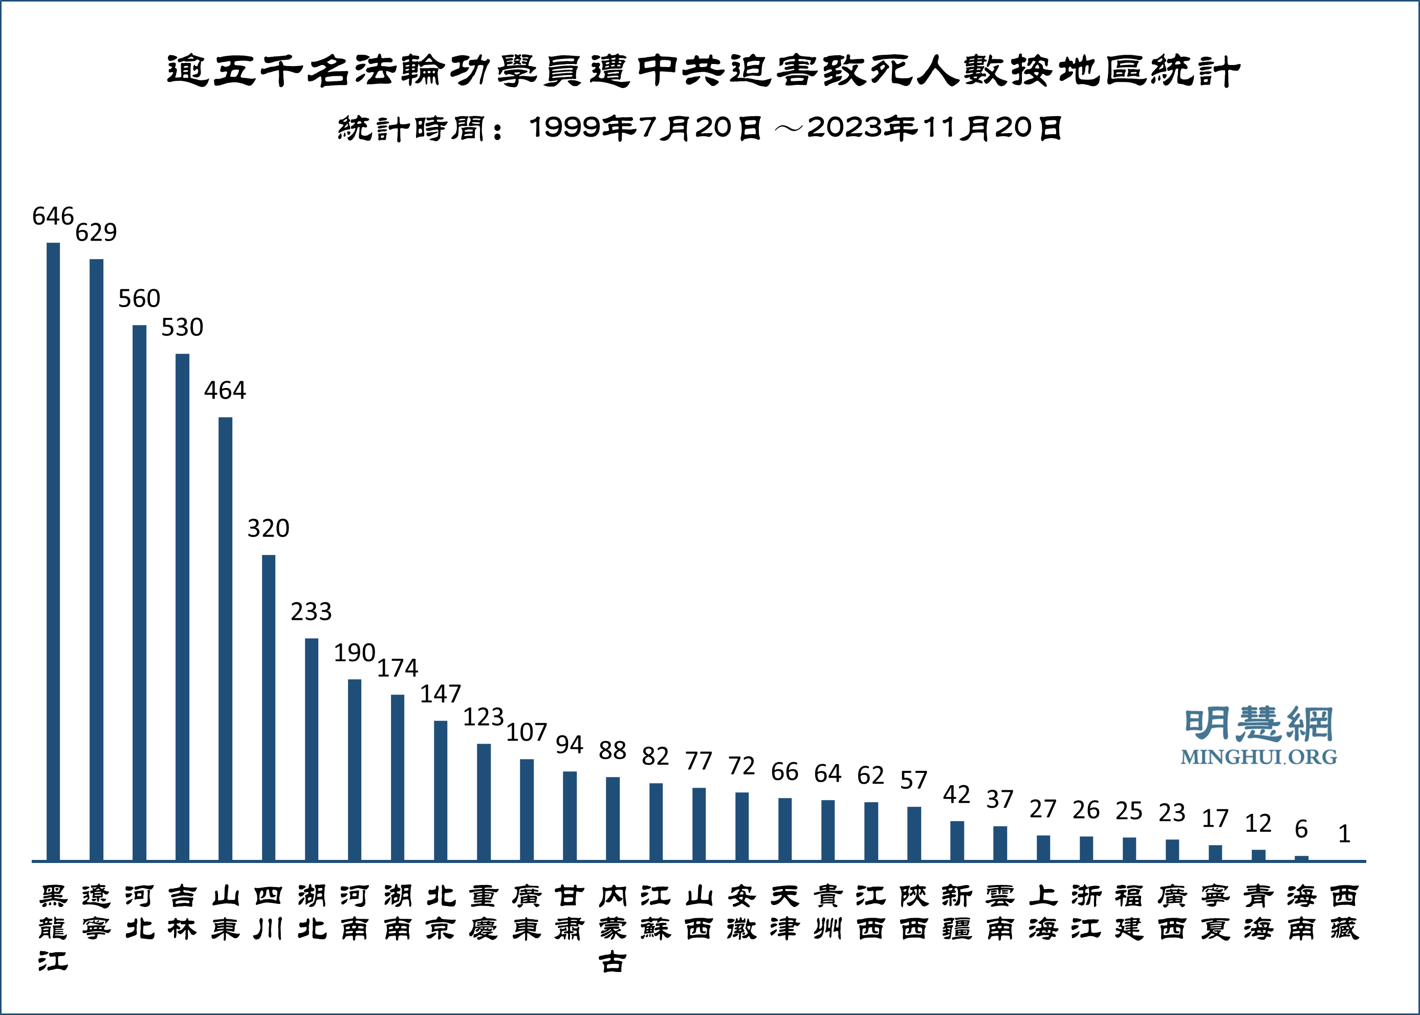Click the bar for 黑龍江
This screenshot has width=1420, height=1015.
[x=53, y=551]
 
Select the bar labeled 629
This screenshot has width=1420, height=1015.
[x=96, y=559]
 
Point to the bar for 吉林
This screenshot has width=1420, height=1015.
[x=182, y=607]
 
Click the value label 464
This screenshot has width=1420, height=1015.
[x=225, y=391]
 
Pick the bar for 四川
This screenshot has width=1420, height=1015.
[x=269, y=707]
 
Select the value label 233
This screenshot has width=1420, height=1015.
[x=311, y=612]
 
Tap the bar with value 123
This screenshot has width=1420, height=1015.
[x=484, y=802]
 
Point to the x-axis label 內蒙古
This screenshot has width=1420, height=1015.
[x=612, y=928]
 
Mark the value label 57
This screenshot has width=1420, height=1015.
[x=913, y=781]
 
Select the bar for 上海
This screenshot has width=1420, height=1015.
[x=1043, y=848]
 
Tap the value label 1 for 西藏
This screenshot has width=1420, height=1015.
[x=1344, y=834]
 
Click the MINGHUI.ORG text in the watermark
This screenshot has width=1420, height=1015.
[x=1258, y=757]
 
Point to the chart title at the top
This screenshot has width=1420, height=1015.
[x=704, y=71]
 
